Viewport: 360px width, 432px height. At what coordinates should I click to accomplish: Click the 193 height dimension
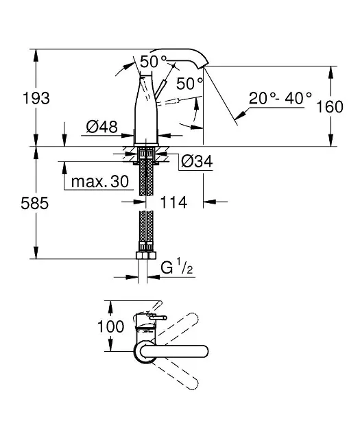[x=36, y=98]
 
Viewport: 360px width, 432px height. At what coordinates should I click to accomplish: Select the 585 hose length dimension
[x=35, y=204]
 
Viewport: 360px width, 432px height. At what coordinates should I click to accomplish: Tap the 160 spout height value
[x=330, y=106]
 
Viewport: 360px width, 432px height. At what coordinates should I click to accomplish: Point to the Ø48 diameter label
[x=101, y=127]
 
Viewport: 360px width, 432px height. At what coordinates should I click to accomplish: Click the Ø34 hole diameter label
[x=197, y=161]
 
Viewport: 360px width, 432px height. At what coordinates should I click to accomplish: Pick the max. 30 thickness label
[x=100, y=182]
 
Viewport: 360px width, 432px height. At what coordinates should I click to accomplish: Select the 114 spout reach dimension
[x=173, y=202]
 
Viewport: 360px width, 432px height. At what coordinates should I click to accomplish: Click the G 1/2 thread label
[x=176, y=267]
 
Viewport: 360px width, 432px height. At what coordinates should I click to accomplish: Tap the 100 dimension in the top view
[x=110, y=326]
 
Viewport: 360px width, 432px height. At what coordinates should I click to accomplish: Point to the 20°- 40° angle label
[x=280, y=98]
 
